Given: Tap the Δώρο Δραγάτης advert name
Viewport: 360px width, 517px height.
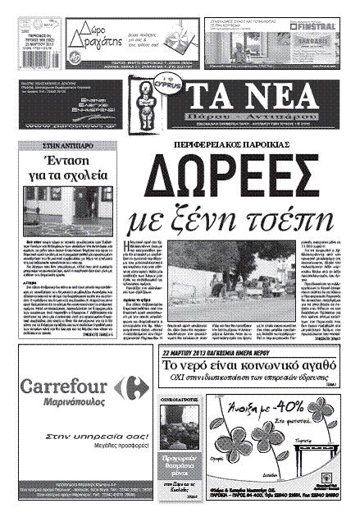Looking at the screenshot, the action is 89,34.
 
